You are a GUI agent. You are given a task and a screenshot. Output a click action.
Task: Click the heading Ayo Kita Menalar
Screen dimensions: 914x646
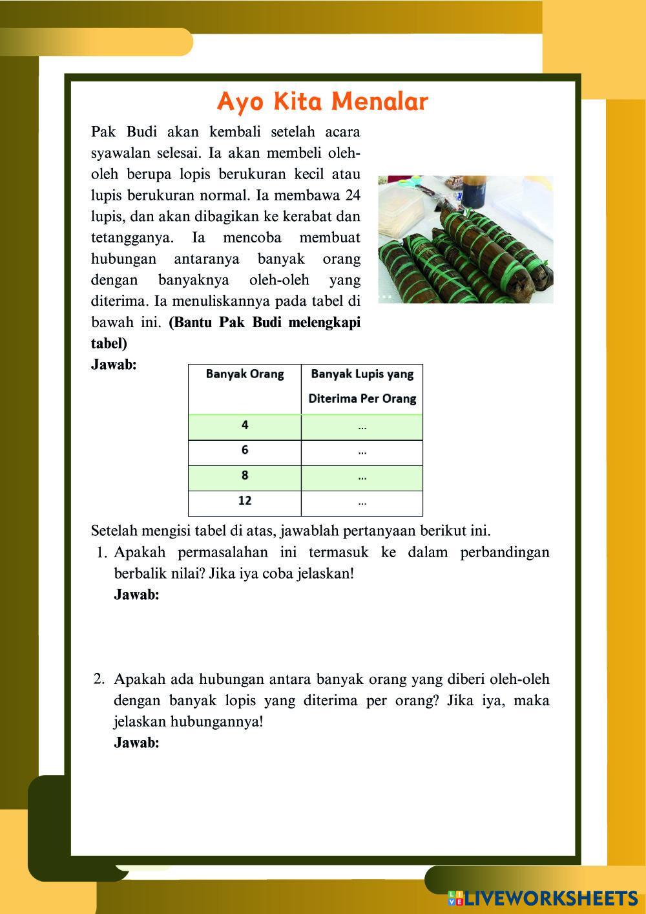click(x=322, y=101)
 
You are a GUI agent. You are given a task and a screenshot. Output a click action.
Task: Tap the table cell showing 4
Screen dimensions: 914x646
click(x=245, y=425)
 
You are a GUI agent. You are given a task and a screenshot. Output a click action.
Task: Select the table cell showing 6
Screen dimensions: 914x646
click(x=245, y=451)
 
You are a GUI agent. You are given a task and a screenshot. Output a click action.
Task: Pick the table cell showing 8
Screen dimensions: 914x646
click(x=245, y=476)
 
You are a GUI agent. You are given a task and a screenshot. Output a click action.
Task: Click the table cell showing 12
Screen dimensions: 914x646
click(x=245, y=501)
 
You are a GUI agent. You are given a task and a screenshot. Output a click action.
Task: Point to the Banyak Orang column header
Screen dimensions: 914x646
click(x=245, y=374)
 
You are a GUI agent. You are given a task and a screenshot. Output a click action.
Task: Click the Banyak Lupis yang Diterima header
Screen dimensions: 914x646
click(x=362, y=386)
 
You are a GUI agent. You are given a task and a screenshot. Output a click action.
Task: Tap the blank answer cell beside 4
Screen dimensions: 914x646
click(x=362, y=427)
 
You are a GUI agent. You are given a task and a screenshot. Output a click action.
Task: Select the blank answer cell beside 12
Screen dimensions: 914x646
click(x=362, y=502)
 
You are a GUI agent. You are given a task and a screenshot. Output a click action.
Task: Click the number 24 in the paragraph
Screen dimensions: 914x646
click(x=353, y=195)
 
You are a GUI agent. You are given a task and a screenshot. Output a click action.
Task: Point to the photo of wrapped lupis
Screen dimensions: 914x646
click(x=465, y=239)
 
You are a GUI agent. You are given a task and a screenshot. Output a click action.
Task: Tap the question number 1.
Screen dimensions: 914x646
click(x=100, y=553)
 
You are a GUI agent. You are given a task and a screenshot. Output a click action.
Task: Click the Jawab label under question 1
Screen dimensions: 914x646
click(x=136, y=595)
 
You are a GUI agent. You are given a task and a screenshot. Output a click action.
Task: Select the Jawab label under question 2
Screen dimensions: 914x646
click(x=136, y=743)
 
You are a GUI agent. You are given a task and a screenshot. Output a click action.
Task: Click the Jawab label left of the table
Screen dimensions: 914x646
click(x=114, y=365)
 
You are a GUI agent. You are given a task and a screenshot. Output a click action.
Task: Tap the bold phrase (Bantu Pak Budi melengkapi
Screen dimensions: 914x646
click(x=264, y=323)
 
